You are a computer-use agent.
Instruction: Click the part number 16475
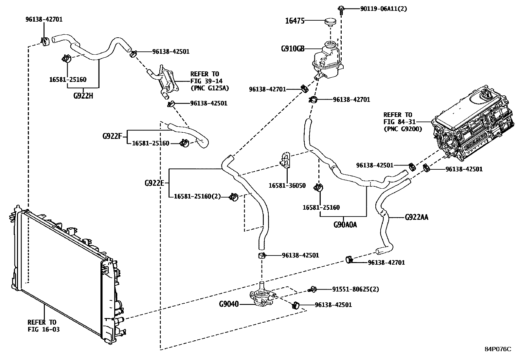[295, 21]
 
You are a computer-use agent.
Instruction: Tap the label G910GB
[293, 49]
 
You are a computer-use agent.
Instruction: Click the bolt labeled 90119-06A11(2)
[341, 9]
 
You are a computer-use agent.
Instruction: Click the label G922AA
[416, 217]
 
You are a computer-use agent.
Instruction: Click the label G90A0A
[345, 225]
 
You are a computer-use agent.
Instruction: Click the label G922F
[112, 136]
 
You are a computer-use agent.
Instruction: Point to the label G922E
[154, 183]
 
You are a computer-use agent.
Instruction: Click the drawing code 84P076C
[497, 349]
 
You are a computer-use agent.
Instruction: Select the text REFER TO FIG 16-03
[44, 326]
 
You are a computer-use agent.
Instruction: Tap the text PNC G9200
[402, 129]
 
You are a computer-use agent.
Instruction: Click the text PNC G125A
[210, 88]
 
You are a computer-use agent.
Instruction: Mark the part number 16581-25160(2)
[197, 197]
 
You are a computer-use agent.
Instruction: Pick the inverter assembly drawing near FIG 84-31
[471, 128]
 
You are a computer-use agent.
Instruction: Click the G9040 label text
[229, 304]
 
